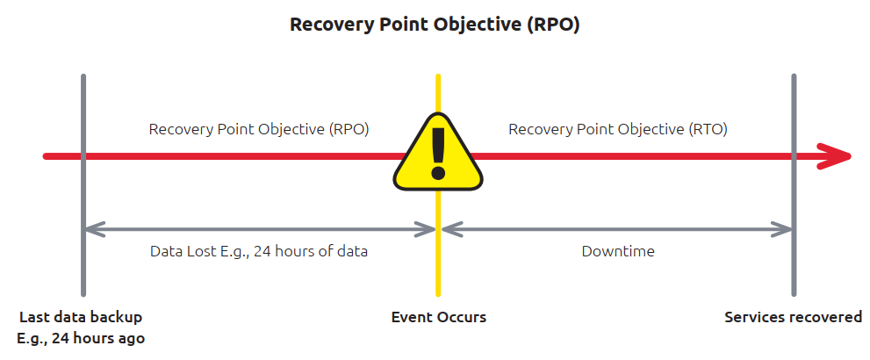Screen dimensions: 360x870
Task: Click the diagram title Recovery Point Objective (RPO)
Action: point(435,25)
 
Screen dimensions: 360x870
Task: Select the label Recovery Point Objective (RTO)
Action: point(618,129)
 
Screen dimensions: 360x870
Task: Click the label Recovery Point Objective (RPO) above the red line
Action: point(259,129)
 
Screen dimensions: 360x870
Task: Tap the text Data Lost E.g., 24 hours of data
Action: point(259,251)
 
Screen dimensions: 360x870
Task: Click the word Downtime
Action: point(618,251)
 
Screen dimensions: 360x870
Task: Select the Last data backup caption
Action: point(81,317)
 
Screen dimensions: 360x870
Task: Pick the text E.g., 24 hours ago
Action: point(81,338)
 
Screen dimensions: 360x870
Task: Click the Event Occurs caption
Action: point(438,317)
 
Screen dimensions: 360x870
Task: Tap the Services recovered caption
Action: point(793,317)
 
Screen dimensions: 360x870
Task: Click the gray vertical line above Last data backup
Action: point(83,105)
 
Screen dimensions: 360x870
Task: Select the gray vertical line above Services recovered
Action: point(794,105)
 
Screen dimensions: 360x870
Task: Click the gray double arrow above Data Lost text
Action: point(259,230)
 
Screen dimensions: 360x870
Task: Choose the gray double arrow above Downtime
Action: point(618,230)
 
